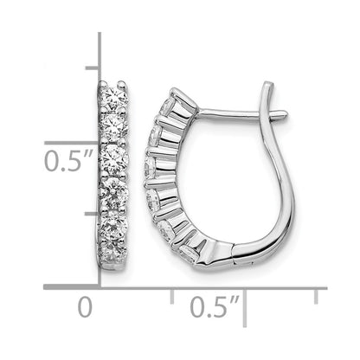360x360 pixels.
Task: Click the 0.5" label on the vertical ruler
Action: click(x=69, y=161)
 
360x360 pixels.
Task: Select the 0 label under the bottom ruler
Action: click(x=85, y=307)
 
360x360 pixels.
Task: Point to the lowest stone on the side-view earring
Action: click(x=190, y=254)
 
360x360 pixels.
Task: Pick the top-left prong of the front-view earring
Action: click(x=104, y=84)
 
